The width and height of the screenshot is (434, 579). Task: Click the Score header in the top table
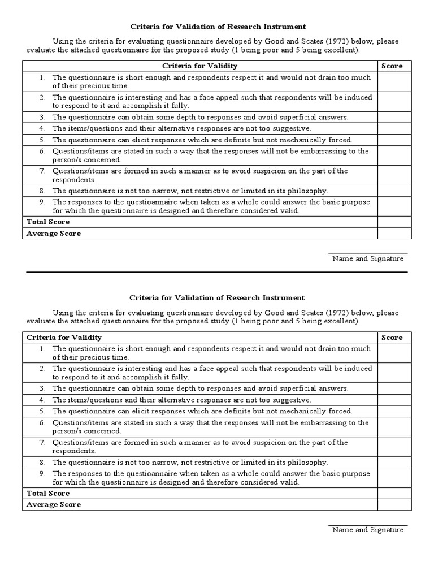392,66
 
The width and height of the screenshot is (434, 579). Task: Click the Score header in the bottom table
392,338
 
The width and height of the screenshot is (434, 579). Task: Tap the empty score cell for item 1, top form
394,81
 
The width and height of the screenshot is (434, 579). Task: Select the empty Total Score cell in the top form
394,222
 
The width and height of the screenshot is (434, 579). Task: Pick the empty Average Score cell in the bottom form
394,504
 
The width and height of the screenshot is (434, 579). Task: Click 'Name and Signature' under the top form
368,258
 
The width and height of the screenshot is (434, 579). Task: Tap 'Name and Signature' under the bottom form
368,530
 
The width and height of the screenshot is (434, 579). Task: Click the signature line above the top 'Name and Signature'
368,254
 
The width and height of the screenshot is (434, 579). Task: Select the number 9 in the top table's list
42,202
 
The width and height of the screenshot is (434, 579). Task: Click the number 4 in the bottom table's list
42,400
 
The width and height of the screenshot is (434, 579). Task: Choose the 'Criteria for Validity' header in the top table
200,66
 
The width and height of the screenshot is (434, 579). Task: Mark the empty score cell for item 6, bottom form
394,426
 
